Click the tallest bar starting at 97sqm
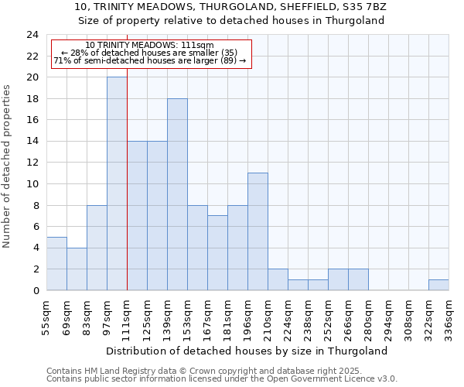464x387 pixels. [117, 184]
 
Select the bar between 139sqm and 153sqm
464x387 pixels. [177, 194]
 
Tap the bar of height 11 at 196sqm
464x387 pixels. [258, 231]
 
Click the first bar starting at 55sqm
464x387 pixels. [56, 264]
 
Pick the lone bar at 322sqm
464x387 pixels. [438, 285]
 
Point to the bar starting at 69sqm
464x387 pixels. [77, 269]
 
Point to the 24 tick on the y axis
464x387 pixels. [32, 35]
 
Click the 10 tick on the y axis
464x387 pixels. [32, 183]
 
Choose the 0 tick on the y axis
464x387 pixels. [36, 290]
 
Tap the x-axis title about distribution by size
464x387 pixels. [247, 351]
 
